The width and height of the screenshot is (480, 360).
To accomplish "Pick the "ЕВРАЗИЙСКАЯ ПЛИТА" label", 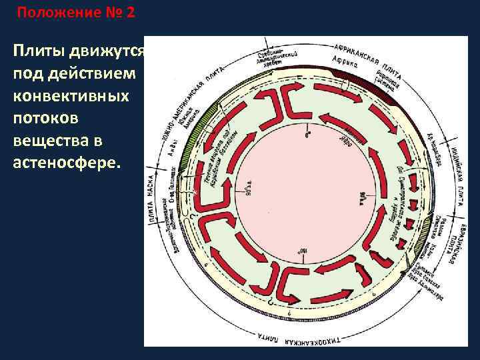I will pyautogui.click(x=453, y=253).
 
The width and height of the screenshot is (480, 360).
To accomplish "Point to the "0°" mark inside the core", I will pyautogui.click(x=307, y=135).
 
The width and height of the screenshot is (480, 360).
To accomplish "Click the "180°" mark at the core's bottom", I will pyautogui.click(x=298, y=251).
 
